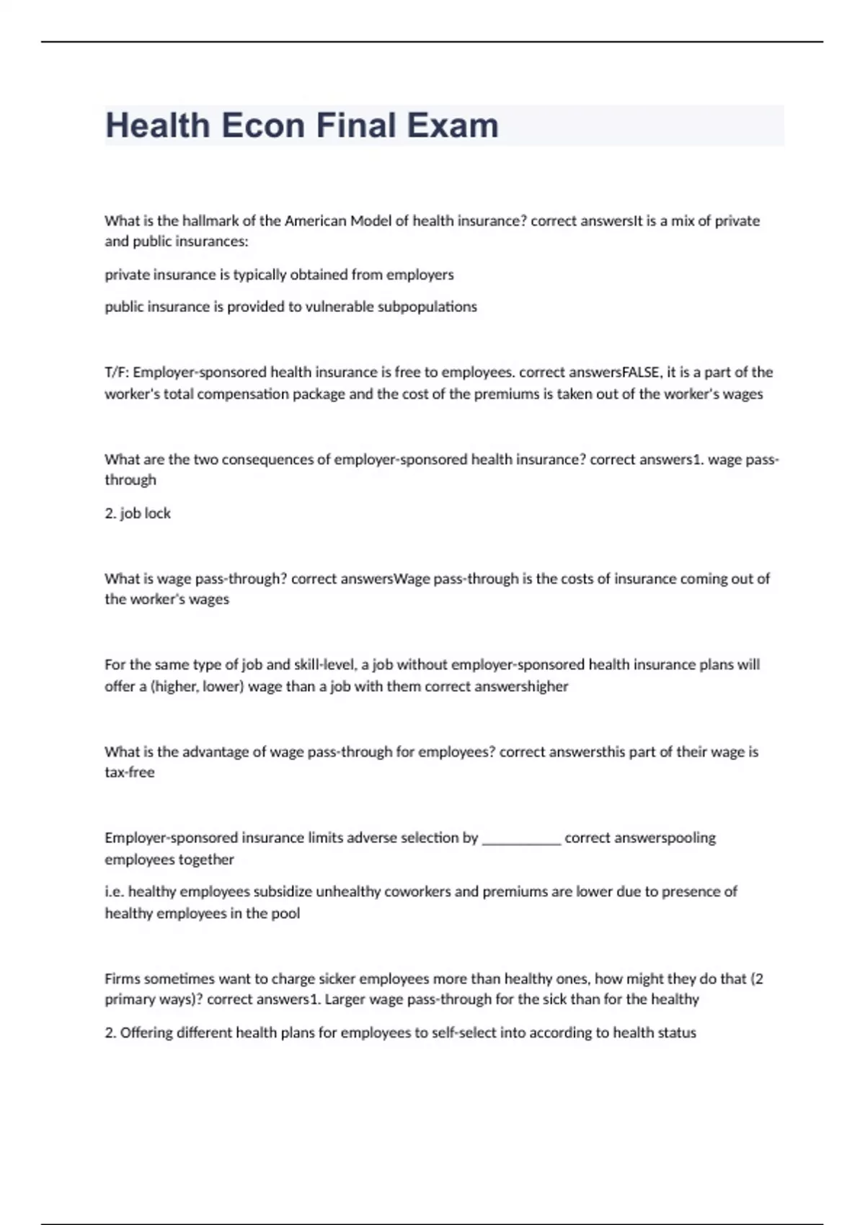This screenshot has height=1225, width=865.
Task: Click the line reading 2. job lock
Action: coord(138,514)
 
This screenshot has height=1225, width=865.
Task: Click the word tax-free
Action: coord(130,772)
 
